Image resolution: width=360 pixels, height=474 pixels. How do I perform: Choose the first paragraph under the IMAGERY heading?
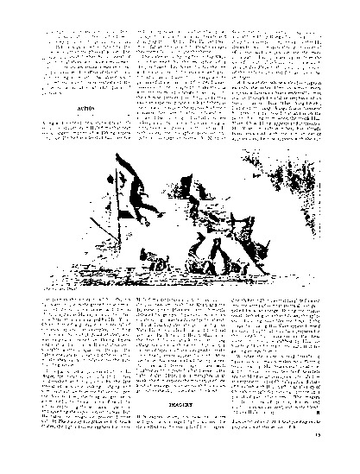177,423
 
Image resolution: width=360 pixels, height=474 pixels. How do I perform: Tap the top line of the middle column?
177,33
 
